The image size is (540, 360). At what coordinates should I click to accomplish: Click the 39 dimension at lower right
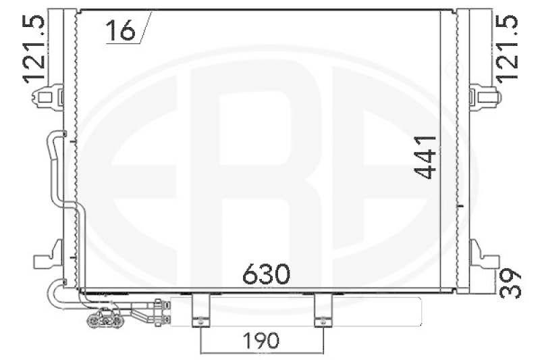511,283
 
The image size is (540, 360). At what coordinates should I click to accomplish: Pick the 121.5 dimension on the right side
508,48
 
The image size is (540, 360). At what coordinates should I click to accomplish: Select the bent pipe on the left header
54,169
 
